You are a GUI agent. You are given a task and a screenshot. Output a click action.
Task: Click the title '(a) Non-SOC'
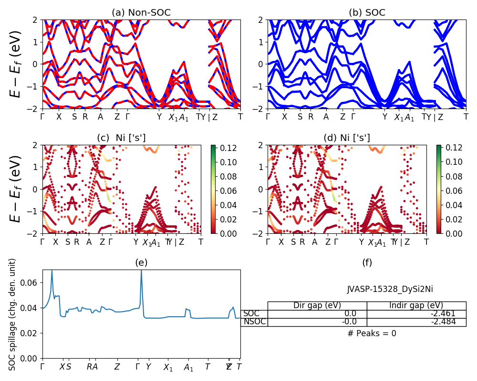pos(141,13)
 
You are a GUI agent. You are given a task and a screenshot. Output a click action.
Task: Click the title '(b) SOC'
pos(367,13)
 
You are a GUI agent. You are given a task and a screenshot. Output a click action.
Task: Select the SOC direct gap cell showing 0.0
pos(317,313)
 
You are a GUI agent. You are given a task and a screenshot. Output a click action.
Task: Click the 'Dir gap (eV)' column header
pos(317,305)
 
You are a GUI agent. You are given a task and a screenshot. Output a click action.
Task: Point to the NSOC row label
pos(254,321)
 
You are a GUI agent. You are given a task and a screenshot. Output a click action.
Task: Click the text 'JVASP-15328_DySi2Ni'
pos(390,289)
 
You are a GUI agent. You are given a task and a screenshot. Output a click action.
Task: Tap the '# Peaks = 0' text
pos(372,333)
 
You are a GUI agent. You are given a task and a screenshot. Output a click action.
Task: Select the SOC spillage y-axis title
pos(13,314)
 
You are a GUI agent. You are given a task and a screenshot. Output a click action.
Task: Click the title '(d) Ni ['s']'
pos(347,138)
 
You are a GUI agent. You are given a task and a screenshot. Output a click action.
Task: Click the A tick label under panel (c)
pos(89,242)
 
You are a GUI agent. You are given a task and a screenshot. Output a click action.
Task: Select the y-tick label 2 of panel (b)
pos(261,20)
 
